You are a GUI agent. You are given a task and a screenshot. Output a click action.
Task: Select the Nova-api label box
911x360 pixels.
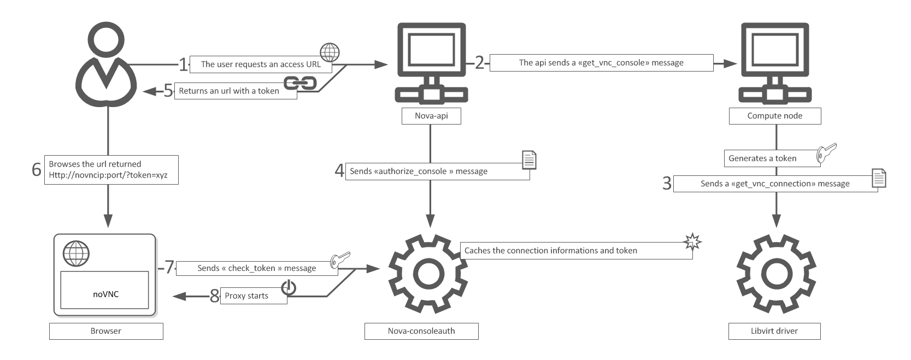tap(431, 116)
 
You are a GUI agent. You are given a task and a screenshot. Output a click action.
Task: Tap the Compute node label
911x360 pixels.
tap(774, 116)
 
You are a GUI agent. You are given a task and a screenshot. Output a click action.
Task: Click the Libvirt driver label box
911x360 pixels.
tap(774, 331)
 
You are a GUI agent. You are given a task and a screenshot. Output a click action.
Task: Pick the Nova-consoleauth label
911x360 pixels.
tap(421, 331)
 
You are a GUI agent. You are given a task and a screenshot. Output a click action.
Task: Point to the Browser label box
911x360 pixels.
tap(106, 331)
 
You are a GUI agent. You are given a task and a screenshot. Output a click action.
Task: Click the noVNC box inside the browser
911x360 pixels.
tap(104, 290)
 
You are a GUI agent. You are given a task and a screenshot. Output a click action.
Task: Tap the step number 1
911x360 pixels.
tap(183, 64)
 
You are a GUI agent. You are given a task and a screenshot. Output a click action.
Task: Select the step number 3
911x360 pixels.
tap(667, 183)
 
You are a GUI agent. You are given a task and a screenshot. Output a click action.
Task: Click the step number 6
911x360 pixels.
tap(37, 170)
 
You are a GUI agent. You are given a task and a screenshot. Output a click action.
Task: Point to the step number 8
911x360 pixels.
tap(215, 296)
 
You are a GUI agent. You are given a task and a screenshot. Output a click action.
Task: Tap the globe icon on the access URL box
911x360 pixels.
tap(330, 52)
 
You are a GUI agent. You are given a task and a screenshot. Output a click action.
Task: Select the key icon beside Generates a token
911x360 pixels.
tap(826, 152)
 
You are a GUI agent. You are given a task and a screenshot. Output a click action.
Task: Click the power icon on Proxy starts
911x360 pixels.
tap(289, 287)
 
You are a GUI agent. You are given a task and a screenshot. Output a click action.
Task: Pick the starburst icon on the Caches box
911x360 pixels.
tap(692, 241)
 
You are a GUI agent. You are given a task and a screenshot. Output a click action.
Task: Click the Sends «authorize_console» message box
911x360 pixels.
tap(437, 172)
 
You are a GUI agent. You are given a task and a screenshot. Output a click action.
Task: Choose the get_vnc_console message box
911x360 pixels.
tap(601, 63)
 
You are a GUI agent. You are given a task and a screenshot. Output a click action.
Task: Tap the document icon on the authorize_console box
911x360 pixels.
tap(529, 160)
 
